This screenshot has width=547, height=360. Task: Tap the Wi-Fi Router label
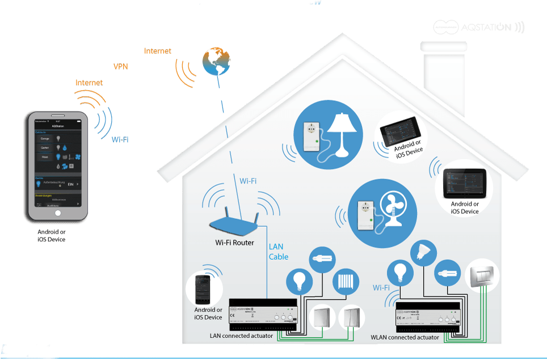[x=234, y=243]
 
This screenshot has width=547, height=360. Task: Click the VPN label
[x=121, y=67]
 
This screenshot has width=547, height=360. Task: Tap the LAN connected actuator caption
[x=242, y=336]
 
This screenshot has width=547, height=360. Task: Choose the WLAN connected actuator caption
[x=405, y=337]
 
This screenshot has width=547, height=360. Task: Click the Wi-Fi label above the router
[x=248, y=181]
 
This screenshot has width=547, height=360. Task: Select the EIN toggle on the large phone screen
[x=71, y=184]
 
